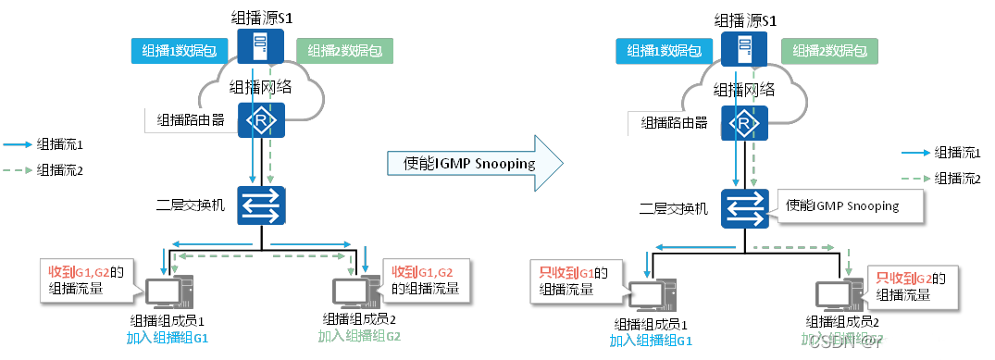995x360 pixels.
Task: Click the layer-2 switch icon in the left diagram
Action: pyautogui.click(x=263, y=205)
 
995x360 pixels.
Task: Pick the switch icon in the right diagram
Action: pyautogui.click(x=747, y=206)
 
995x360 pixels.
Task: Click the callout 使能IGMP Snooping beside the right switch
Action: pyautogui.click(x=840, y=206)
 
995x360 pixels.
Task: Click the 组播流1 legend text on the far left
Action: pyautogui.click(x=60, y=144)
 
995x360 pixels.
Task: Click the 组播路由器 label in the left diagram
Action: pyautogui.click(x=191, y=119)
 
